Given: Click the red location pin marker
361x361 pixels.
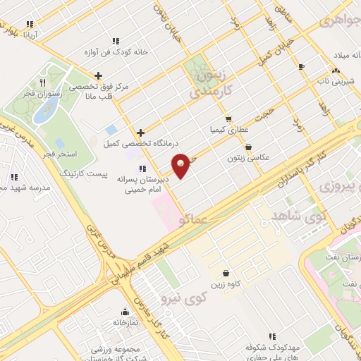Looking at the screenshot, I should tap(181, 165).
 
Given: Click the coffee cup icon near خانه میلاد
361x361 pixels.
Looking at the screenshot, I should tap(302, 66).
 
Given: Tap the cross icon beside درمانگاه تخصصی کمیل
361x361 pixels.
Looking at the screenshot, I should tap(142, 133).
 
